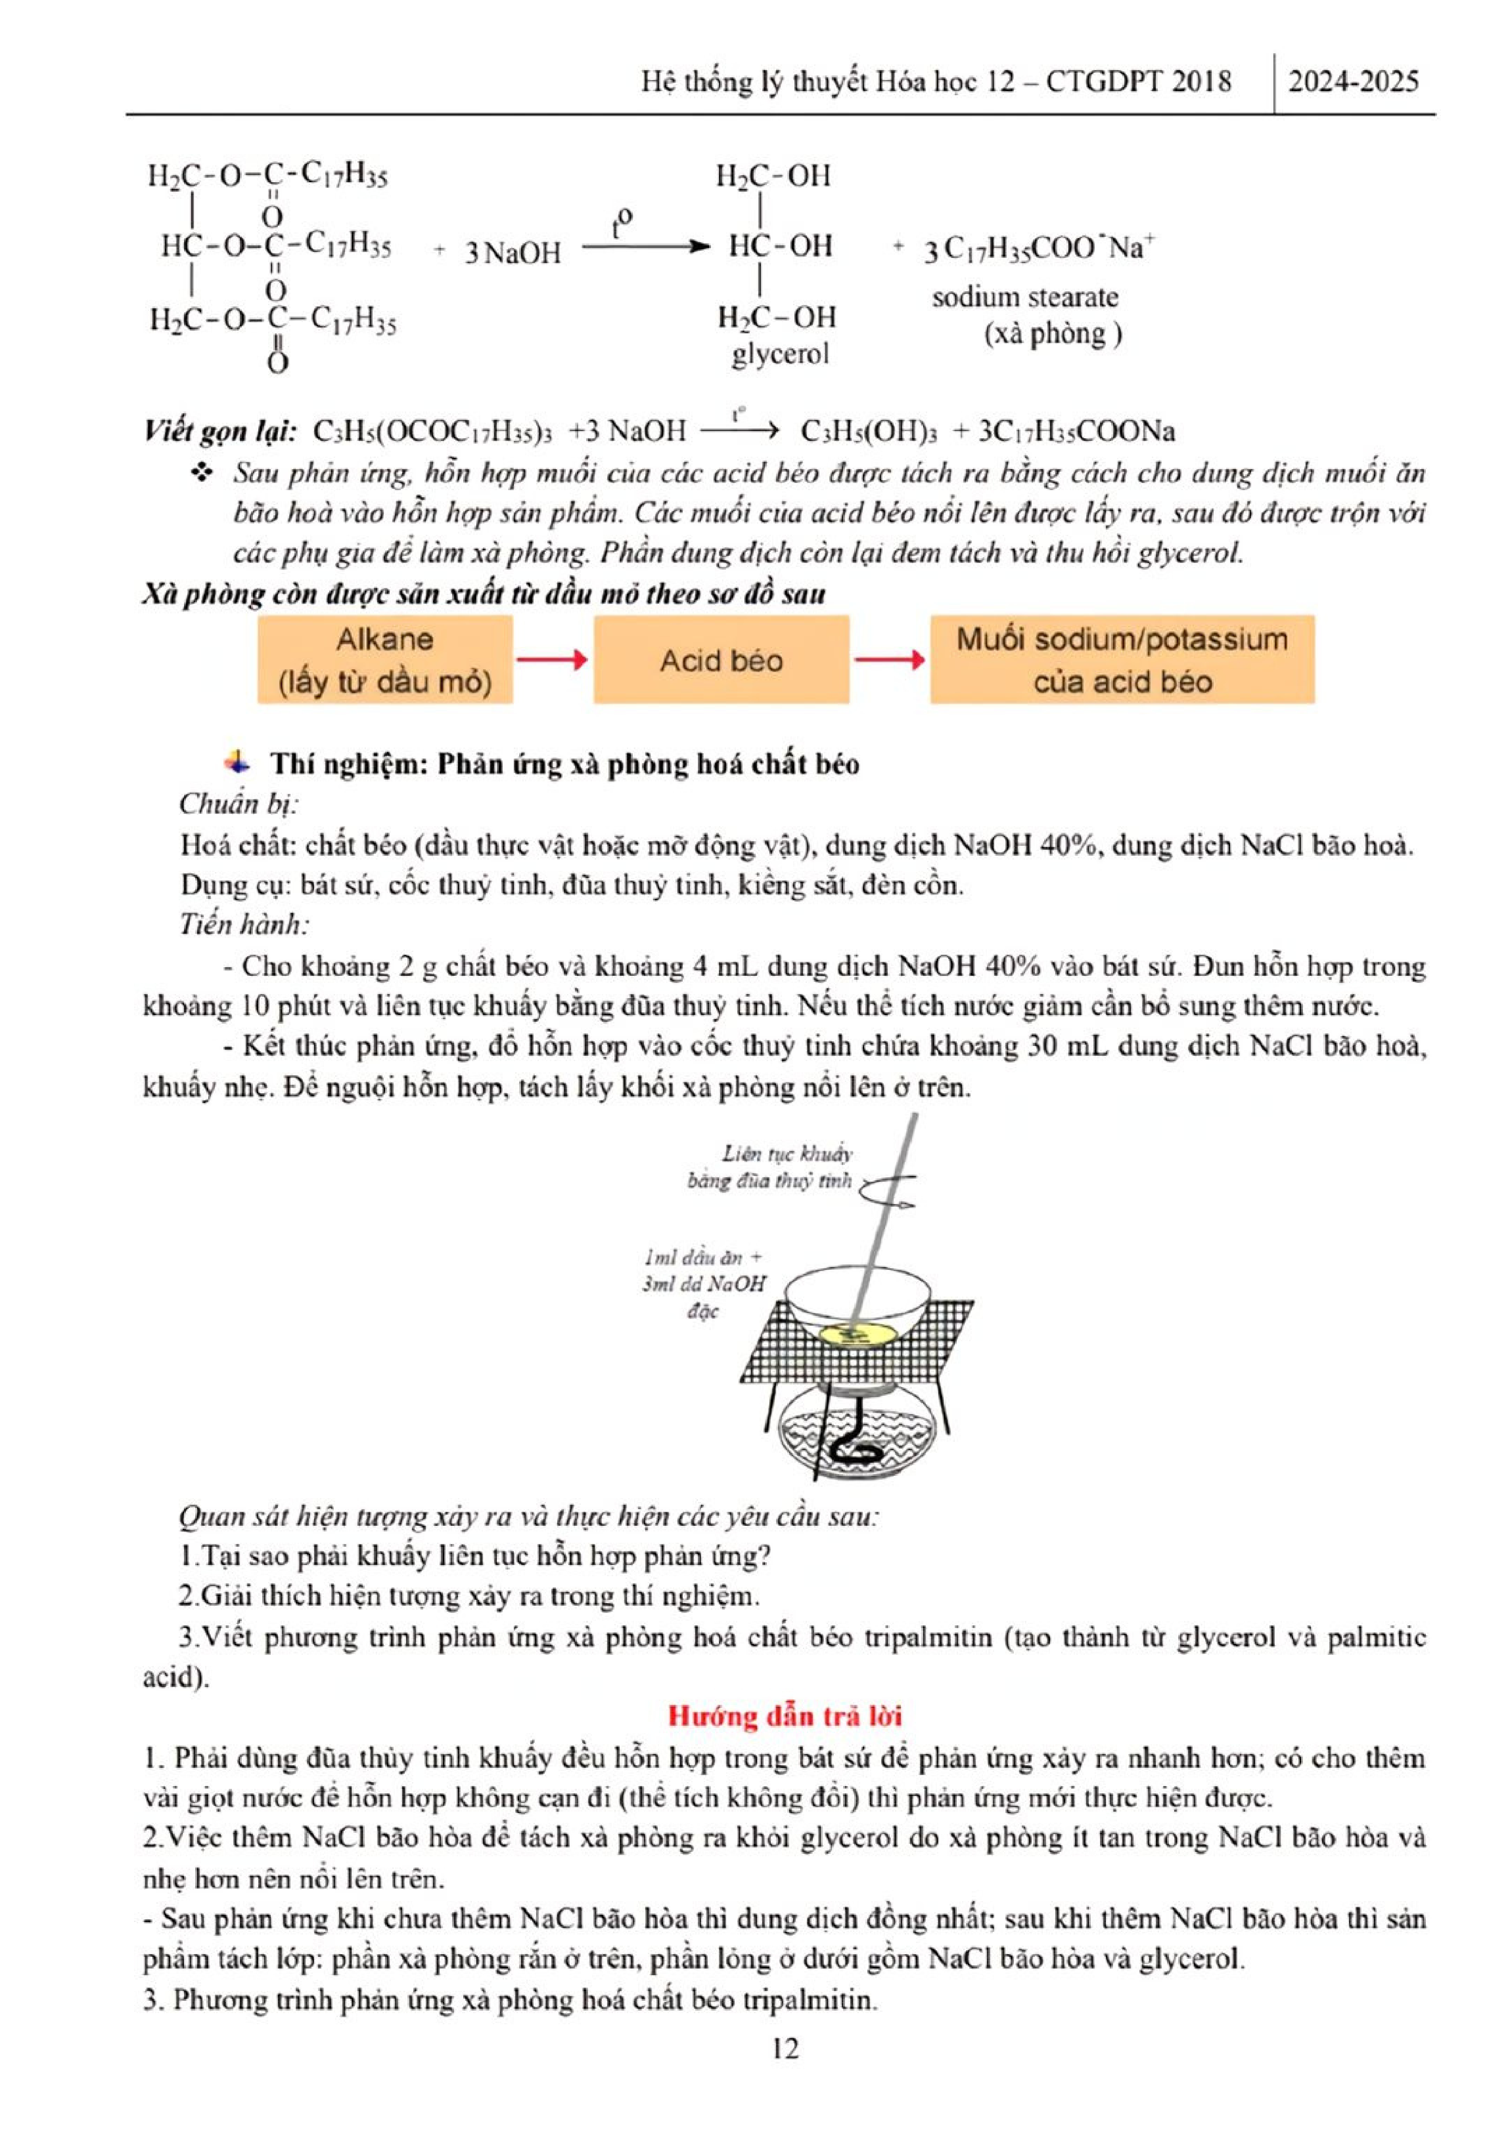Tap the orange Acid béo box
[x=721, y=660]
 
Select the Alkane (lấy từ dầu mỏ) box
[x=384, y=660]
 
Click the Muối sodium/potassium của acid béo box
[x=1122, y=660]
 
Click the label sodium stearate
[x=1025, y=298]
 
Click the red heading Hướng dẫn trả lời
[x=785, y=1716]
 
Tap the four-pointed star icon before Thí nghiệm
[x=238, y=763]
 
